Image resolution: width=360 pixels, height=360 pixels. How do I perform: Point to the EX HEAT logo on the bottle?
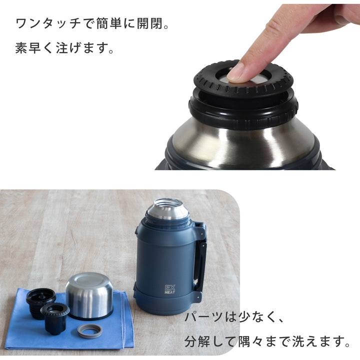pyautogui.click(x=171, y=289)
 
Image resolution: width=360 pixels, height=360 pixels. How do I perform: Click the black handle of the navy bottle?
pyautogui.click(x=201, y=262)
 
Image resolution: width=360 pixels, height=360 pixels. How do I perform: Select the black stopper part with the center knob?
pyautogui.click(x=55, y=317)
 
